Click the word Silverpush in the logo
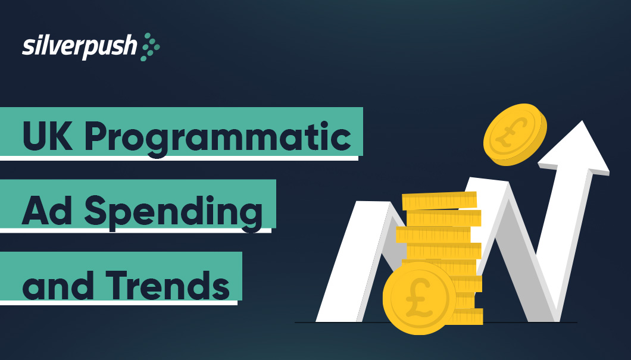(x=79, y=47)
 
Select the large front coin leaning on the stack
(x=419, y=297)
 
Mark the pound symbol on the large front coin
(x=417, y=297)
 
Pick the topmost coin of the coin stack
(x=439, y=201)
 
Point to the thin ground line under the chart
(x=536, y=323)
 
